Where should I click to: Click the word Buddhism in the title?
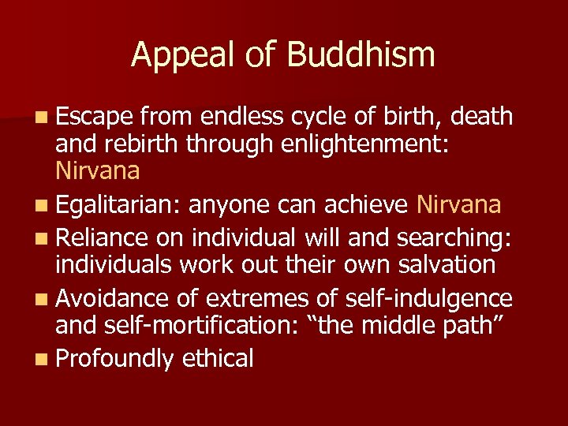361,55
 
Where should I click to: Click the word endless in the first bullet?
242,117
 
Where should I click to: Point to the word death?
480,117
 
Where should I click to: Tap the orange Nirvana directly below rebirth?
98,170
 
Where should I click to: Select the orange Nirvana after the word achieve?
458,205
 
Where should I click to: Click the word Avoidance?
113,298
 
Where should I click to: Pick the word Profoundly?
114,359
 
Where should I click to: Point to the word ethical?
218,359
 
